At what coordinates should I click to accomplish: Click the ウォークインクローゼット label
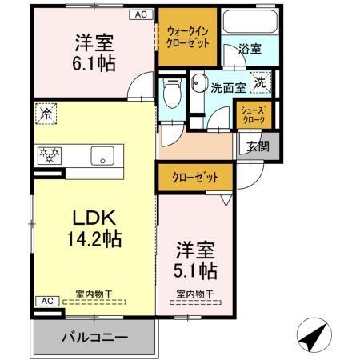(x=188, y=37)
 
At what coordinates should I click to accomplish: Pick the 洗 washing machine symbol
(x=261, y=82)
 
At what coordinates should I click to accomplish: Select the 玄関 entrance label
(x=258, y=146)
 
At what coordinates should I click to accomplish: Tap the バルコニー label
(x=94, y=337)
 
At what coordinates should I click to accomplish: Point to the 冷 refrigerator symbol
(x=46, y=114)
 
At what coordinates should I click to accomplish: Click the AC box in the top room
(x=140, y=14)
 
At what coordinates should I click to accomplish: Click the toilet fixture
(x=170, y=96)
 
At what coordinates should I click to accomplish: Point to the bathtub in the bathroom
(x=248, y=23)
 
